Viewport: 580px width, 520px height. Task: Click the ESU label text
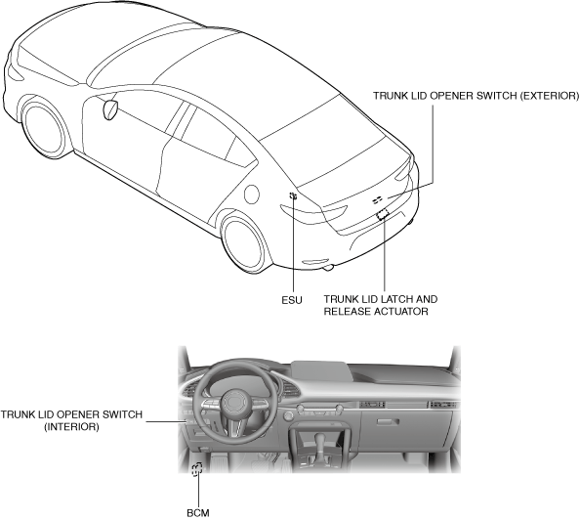click(292, 300)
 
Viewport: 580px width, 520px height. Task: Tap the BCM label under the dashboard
click(198, 513)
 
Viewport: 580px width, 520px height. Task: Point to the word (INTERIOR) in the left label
click(71, 427)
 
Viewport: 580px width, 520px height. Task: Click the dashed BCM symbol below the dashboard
click(197, 469)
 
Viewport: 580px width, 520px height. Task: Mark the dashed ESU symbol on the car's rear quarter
click(293, 195)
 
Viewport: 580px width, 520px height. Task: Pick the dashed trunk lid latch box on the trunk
click(383, 214)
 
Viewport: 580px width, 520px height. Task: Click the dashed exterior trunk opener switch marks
click(377, 200)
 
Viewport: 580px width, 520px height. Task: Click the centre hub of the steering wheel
click(235, 404)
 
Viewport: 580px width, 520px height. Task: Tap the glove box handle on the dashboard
click(388, 422)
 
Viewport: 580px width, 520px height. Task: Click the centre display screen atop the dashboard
click(321, 370)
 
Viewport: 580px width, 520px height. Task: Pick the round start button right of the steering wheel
click(288, 416)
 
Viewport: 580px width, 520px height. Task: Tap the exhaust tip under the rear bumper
click(329, 267)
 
